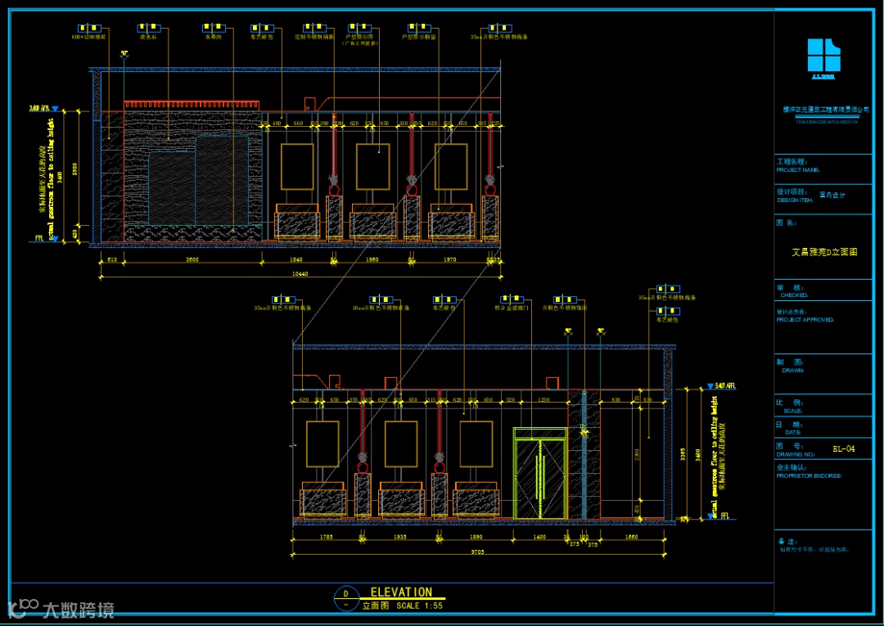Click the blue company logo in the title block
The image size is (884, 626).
pos(823,56)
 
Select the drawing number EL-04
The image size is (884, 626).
pos(843,448)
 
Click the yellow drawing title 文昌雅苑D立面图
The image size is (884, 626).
pos(823,253)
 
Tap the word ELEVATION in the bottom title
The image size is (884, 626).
pos(401,592)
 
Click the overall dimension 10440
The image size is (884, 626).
pos(300,273)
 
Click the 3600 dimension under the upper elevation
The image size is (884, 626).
pos(192,259)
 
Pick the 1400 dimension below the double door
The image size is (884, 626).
pos(539,537)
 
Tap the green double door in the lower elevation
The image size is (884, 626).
pos(539,474)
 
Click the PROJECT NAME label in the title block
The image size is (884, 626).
pos(797,170)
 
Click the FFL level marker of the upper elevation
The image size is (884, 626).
pos(39,239)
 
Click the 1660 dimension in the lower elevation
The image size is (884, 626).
pos(631,537)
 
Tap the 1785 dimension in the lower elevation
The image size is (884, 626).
pos(326,537)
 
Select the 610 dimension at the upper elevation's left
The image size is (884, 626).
pos(112,259)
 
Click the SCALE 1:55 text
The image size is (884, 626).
pos(419,606)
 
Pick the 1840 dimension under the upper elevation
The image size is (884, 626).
pos(295,259)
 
